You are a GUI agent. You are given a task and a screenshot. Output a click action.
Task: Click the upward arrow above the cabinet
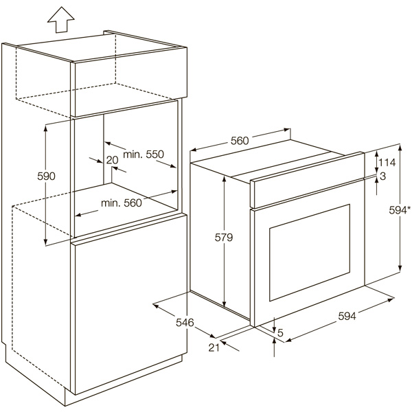point(61,20)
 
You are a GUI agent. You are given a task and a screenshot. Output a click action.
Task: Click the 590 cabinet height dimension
point(46,176)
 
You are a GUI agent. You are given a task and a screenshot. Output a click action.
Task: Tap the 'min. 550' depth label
point(144,154)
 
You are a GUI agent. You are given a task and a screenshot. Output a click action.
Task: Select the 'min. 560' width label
point(122,203)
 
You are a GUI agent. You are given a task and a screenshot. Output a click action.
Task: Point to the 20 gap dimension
point(113,160)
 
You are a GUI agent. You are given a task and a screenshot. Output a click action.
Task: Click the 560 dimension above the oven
point(240,141)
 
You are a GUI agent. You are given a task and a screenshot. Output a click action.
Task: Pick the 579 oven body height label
point(224,238)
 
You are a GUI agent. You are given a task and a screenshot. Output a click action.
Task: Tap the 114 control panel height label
point(387,163)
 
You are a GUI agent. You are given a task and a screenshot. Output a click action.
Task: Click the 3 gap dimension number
point(383,176)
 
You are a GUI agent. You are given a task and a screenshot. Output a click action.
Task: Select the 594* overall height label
point(400,210)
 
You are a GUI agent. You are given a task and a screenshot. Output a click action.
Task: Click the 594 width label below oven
point(347,316)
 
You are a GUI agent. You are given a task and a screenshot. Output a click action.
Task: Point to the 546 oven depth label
point(185,323)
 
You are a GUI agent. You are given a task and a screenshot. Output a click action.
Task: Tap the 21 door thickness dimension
point(214,347)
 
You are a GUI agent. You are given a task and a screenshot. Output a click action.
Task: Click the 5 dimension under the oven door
point(280,333)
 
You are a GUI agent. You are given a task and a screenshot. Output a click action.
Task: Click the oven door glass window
point(310,253)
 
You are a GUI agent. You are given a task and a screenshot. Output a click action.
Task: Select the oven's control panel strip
point(307,181)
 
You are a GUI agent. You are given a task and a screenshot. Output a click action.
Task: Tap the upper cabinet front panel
point(129,82)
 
